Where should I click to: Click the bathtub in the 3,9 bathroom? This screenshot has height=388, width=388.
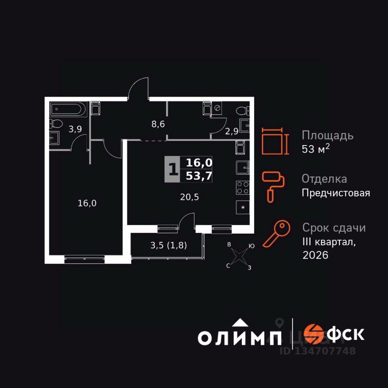pyautogui.click(x=68, y=110)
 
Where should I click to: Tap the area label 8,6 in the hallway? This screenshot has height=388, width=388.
pyautogui.click(x=158, y=124)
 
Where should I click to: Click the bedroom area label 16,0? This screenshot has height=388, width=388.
pyautogui.click(x=87, y=203)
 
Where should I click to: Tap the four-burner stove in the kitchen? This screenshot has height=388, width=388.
pyautogui.click(x=242, y=188)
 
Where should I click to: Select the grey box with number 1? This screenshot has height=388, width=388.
pyautogui.click(x=173, y=169)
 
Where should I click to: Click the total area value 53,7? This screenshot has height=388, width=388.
pyautogui.click(x=199, y=176)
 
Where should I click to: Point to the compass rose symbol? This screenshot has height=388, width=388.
pyautogui.click(x=240, y=256)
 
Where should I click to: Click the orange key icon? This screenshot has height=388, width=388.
pyautogui.click(x=277, y=234)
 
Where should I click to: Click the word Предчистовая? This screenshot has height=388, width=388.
pyautogui.click(x=336, y=193)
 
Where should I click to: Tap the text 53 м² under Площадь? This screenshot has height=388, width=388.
pyautogui.click(x=316, y=149)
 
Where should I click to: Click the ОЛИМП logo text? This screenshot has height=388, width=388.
pyautogui.click(x=240, y=337)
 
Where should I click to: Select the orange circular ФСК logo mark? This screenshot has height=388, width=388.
pyautogui.click(x=313, y=334)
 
